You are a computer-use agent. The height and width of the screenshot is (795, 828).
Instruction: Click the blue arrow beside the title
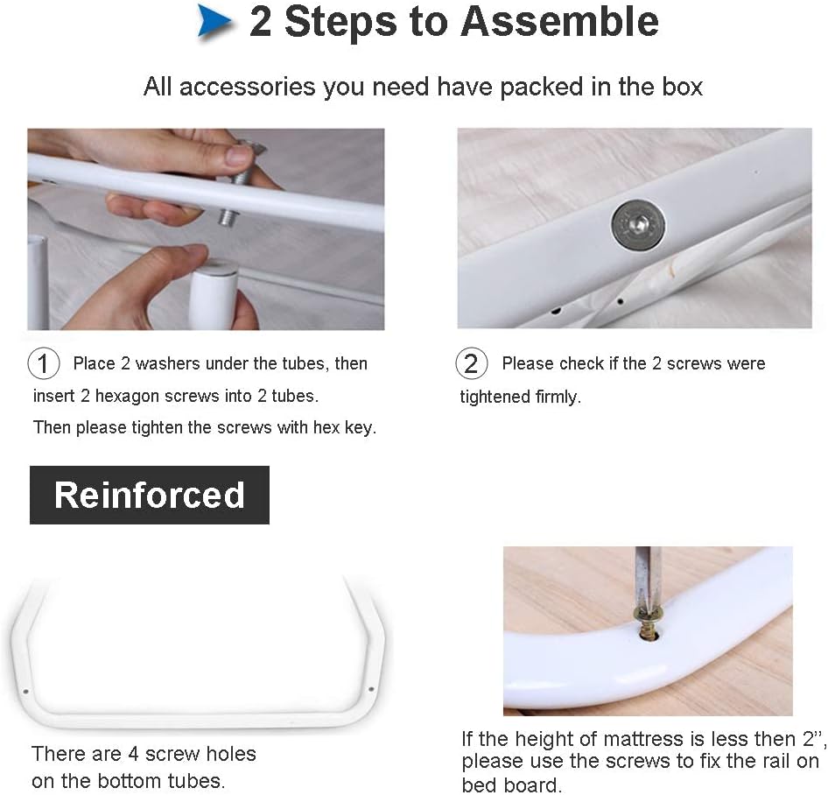click(x=214, y=21)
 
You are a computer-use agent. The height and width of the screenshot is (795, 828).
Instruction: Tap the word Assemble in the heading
click(x=560, y=21)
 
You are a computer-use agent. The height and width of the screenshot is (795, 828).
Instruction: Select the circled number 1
click(x=43, y=362)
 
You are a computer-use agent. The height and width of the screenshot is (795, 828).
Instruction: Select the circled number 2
click(x=471, y=362)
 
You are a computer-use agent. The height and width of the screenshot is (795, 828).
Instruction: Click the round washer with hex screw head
click(x=638, y=226)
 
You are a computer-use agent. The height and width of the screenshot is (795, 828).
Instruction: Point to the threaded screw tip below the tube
click(x=228, y=217)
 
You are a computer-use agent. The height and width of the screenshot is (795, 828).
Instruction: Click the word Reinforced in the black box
click(x=150, y=495)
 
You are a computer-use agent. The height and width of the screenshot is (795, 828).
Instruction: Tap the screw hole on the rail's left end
click(x=26, y=692)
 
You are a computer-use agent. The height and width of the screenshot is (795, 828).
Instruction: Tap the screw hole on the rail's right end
click(x=371, y=689)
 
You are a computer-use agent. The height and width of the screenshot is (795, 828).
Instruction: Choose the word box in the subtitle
click(x=683, y=87)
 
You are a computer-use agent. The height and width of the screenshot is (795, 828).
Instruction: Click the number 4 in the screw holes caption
click(x=134, y=754)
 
